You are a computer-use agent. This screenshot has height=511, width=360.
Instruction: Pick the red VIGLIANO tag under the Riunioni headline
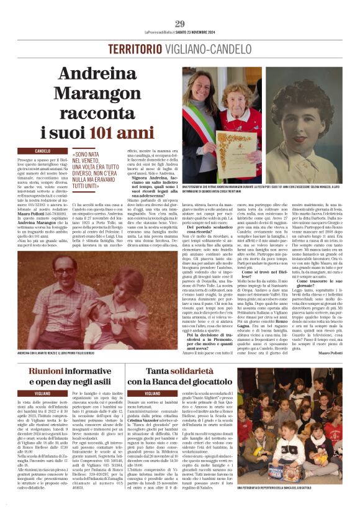(x=43, y=394)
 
